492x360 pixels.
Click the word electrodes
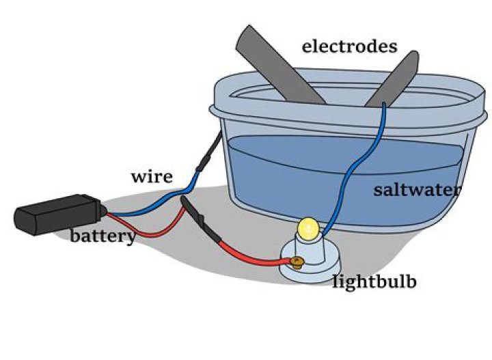click(349, 46)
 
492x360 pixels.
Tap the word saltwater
click(417, 190)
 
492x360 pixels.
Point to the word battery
click(102, 237)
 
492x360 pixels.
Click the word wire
click(151, 178)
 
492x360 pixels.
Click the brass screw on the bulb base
click(297, 260)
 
